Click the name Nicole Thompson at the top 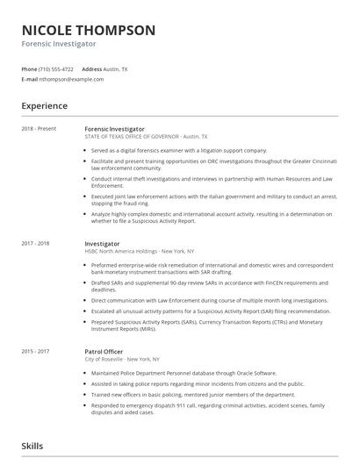(89, 31)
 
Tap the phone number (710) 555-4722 (57, 68)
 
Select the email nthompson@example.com (65, 79)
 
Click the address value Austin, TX (117, 68)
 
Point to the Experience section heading (45, 106)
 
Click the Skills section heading (32, 447)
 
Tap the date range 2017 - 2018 (35, 243)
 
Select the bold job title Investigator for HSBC (103, 243)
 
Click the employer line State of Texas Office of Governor (146, 137)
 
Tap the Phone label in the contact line (29, 68)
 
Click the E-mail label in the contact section (30, 79)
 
